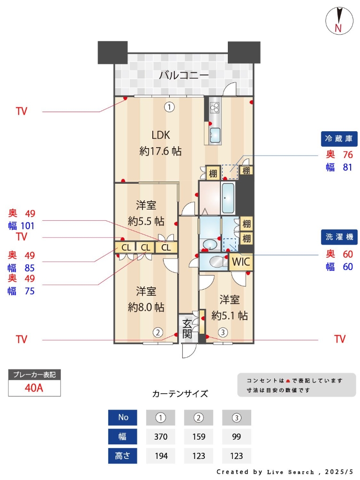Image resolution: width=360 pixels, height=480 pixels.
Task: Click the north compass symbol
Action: (x=339, y=21)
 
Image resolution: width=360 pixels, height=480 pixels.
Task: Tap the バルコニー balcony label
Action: (x=184, y=75)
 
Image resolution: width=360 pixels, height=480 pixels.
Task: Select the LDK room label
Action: (x=161, y=135)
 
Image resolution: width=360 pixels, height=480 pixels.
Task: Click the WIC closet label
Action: (x=241, y=262)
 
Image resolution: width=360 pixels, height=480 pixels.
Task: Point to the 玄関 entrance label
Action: (x=187, y=329)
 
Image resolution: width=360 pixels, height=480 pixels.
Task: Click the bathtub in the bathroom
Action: (x=228, y=198)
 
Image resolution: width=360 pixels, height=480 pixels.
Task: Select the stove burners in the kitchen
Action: (x=215, y=107)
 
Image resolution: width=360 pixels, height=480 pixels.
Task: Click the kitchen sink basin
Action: (x=215, y=135)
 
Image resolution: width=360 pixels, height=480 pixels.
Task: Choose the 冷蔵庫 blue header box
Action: (x=339, y=139)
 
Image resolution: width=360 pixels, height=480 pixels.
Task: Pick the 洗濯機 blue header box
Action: (x=339, y=237)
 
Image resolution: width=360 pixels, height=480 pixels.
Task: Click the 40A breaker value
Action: (x=34, y=388)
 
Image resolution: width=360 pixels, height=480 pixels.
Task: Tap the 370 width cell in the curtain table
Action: (x=161, y=436)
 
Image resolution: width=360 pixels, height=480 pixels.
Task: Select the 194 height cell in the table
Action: (x=161, y=456)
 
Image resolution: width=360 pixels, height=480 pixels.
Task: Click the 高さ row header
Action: (x=122, y=456)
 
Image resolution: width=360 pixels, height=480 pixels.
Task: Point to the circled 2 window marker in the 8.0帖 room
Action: (x=158, y=332)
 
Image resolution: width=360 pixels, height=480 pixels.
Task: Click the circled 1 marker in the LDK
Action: (x=169, y=107)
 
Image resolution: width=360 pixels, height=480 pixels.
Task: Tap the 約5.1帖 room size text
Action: (x=230, y=315)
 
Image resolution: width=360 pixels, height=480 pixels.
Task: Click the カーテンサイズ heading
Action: (x=180, y=394)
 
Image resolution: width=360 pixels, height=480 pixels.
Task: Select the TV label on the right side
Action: (x=340, y=339)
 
